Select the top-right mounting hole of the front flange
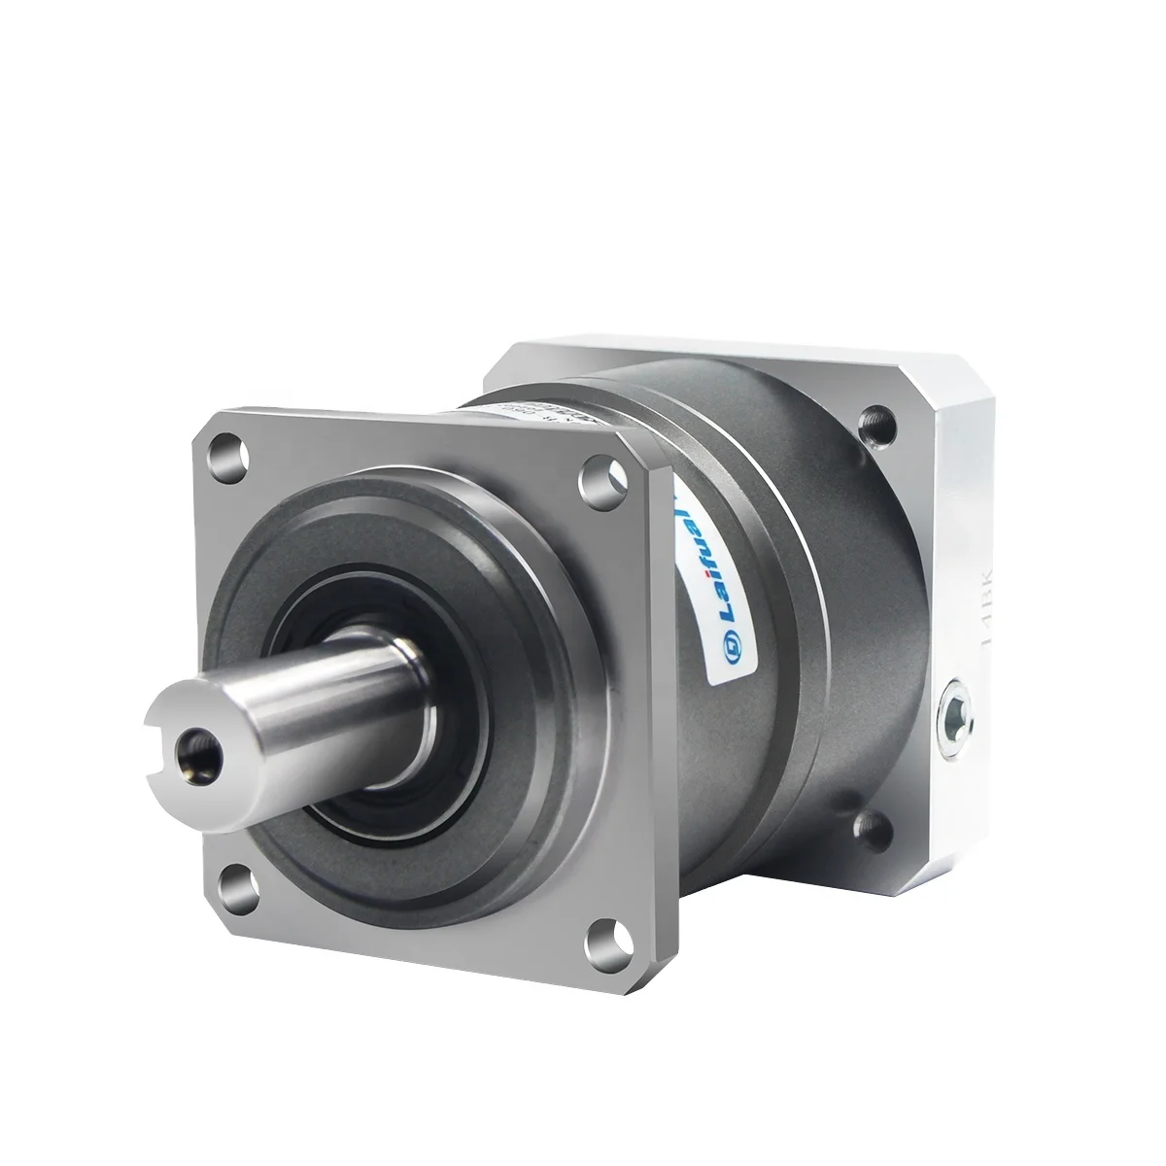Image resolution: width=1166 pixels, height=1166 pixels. (x=593, y=476)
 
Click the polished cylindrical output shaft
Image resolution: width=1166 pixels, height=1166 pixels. (x=321, y=700)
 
